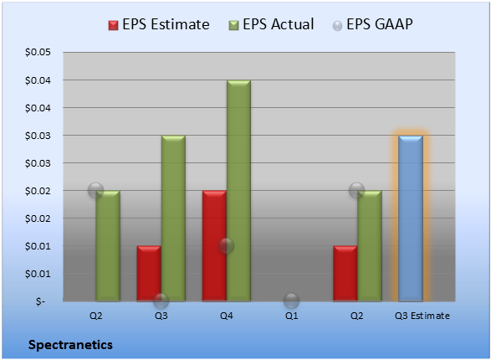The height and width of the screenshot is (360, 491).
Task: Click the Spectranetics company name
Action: point(70,345)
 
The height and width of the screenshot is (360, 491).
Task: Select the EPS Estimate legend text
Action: point(166,24)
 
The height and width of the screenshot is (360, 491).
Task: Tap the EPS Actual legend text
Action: point(278,24)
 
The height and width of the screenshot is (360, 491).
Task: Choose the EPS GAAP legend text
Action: point(380,24)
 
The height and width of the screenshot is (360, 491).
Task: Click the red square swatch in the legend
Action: point(114,25)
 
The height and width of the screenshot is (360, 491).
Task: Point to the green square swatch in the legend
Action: point(234,25)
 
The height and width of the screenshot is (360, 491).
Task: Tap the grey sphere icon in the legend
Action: point(337,26)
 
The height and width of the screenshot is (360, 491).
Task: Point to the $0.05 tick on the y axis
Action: point(38,52)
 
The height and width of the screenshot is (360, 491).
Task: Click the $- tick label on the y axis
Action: point(40,301)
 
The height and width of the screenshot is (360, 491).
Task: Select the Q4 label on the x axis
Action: point(227,316)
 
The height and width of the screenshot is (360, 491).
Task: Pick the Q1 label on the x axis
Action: point(292,316)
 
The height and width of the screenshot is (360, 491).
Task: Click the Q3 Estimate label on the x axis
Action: point(422,316)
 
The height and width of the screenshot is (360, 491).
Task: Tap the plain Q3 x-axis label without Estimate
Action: point(161,316)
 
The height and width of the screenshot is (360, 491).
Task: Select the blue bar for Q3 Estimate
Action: point(411,219)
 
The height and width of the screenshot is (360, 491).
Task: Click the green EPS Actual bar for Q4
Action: point(238,191)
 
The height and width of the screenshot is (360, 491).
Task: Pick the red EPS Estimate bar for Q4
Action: point(214,246)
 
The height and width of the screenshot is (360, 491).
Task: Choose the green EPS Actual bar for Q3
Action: point(173,219)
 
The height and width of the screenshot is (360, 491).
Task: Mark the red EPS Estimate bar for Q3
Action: point(149,274)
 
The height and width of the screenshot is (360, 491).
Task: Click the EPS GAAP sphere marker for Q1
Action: point(292,301)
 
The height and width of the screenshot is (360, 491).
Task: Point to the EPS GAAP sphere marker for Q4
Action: point(227,245)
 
